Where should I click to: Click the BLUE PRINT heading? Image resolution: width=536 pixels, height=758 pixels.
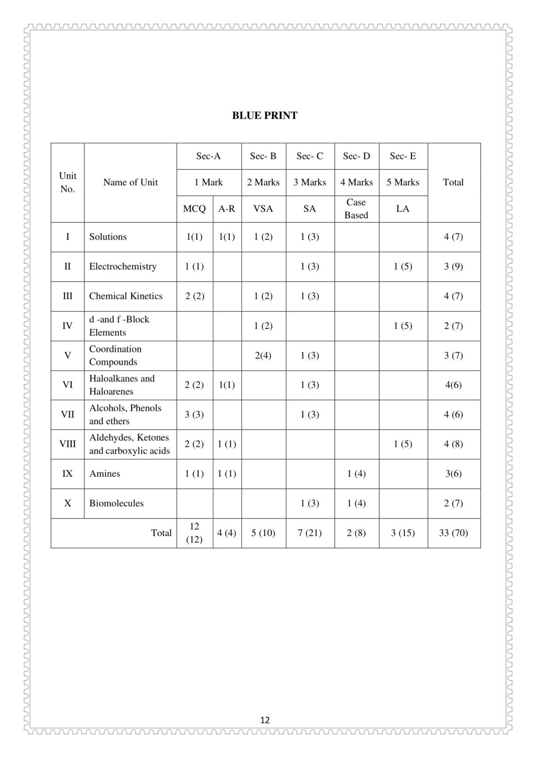(264, 115)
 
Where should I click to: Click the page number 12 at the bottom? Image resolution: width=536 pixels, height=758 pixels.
(265, 720)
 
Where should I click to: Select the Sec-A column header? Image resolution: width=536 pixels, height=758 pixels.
(208, 156)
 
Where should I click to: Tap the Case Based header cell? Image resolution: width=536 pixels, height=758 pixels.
(356, 208)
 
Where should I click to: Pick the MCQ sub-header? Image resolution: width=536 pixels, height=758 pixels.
(194, 209)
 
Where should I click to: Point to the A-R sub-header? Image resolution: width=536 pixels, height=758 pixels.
(226, 209)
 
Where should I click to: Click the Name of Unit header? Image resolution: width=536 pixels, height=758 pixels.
(130, 182)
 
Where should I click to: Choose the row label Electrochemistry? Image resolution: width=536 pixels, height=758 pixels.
(122, 267)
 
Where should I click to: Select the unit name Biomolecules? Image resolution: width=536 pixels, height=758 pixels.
(116, 503)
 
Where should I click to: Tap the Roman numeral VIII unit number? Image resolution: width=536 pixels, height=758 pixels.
(68, 444)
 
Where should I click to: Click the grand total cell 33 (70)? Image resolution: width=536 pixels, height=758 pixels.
(453, 533)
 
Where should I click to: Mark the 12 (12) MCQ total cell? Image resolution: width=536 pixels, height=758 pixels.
(194, 533)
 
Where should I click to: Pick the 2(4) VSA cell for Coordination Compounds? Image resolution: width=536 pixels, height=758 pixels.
(263, 355)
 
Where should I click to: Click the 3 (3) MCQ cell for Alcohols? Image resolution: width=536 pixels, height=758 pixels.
(194, 414)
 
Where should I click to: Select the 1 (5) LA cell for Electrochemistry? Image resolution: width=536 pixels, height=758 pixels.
(403, 267)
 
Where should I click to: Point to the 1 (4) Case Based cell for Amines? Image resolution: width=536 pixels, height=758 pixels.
(356, 473)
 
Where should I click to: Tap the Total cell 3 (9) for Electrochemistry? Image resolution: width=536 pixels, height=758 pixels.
(453, 267)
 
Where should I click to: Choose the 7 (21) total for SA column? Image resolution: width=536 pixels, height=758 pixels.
(310, 533)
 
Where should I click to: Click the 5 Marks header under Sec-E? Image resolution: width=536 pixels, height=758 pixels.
(403, 182)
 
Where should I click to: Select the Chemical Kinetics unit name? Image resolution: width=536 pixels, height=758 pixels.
(125, 296)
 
